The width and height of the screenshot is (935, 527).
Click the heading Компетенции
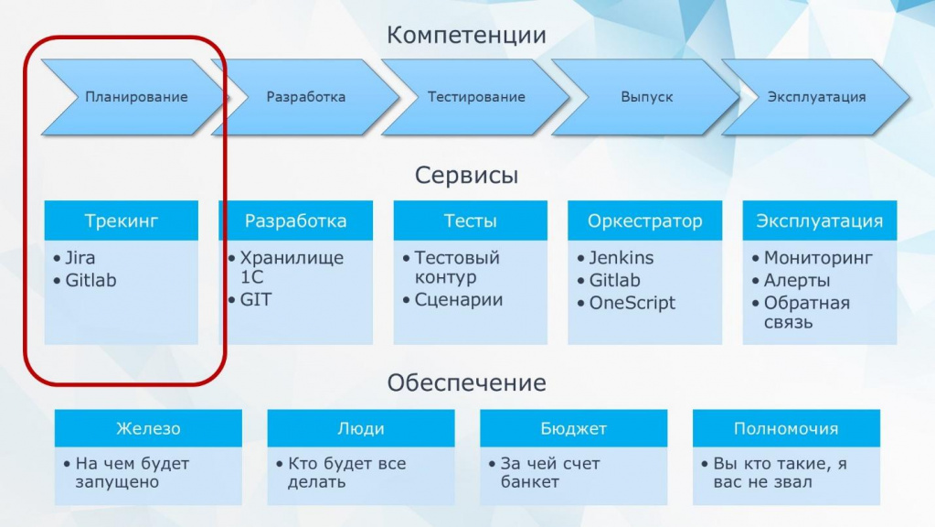tap(466, 35)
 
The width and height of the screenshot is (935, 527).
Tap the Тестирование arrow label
tap(476, 97)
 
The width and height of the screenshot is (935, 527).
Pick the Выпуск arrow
tap(646, 97)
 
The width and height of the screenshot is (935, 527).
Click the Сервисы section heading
tap(466, 175)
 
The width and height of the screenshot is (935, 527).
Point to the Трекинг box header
tap(121, 220)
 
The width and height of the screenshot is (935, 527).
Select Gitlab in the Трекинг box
tap(90, 280)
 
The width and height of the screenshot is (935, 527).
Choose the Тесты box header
tap(471, 220)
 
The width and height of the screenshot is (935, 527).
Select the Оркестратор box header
tap(644, 220)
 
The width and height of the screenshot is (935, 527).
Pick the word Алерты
tap(797, 280)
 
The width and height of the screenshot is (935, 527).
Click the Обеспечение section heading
tap(466, 382)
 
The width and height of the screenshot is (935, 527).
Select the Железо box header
tap(148, 428)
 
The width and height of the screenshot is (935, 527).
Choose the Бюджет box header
tap(574, 428)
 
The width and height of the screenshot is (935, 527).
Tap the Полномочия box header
tap(786, 428)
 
